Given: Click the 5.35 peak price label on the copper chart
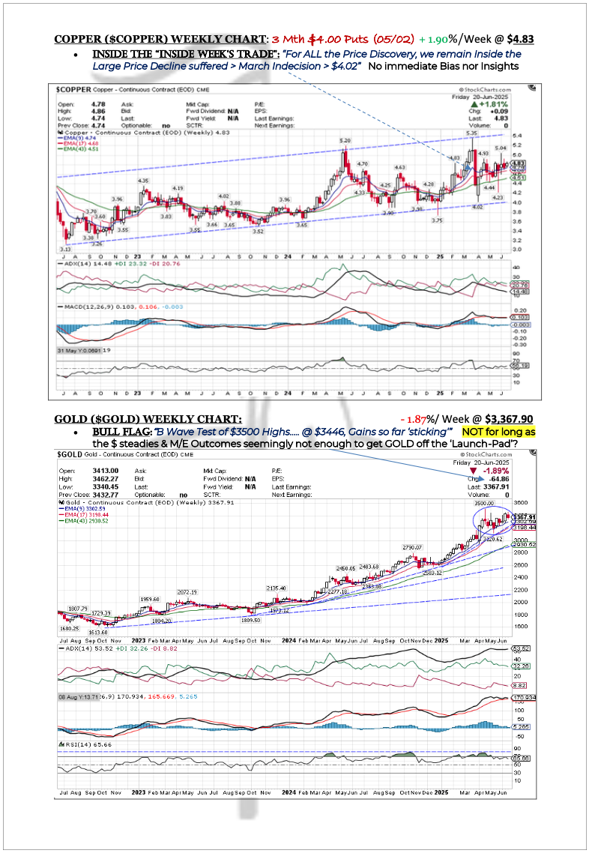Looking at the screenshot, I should click(471, 133).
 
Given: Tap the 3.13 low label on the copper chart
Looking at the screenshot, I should click(64, 249).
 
